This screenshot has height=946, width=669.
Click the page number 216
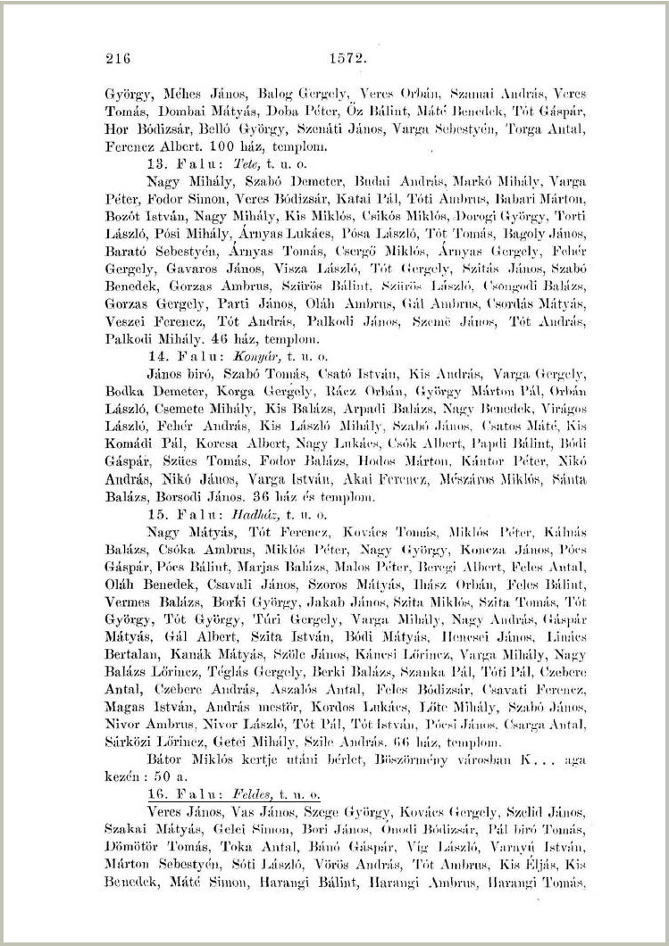(118, 59)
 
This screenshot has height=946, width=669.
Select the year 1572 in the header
(348, 59)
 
